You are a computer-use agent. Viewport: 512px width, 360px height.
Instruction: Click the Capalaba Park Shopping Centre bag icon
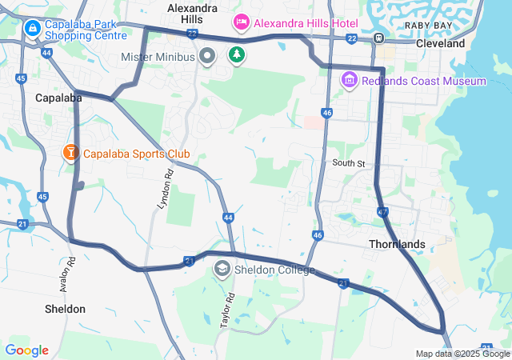[33, 30]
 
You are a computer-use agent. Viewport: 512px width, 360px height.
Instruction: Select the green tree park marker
[236, 55]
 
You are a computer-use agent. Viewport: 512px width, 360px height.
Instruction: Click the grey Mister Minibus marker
[207, 56]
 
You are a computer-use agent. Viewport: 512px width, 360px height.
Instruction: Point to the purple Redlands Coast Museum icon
[349, 80]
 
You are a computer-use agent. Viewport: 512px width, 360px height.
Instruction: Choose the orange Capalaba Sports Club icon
[70, 152]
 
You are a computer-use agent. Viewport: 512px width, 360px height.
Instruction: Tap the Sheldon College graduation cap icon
[221, 270]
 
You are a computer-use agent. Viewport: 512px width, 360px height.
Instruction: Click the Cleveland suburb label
[440, 43]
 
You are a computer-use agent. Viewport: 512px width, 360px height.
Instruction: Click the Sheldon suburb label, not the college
[65, 308]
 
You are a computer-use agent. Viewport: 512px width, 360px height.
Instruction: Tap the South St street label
[349, 163]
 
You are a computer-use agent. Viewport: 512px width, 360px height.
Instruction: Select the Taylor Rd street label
[227, 310]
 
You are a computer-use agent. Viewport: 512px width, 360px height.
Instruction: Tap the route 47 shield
[382, 212]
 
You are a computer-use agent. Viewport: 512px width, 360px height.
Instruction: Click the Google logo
[26, 350]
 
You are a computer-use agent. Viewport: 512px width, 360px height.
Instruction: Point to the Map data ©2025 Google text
[462, 354]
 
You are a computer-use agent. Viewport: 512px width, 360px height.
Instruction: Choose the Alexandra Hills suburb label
[193, 13]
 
